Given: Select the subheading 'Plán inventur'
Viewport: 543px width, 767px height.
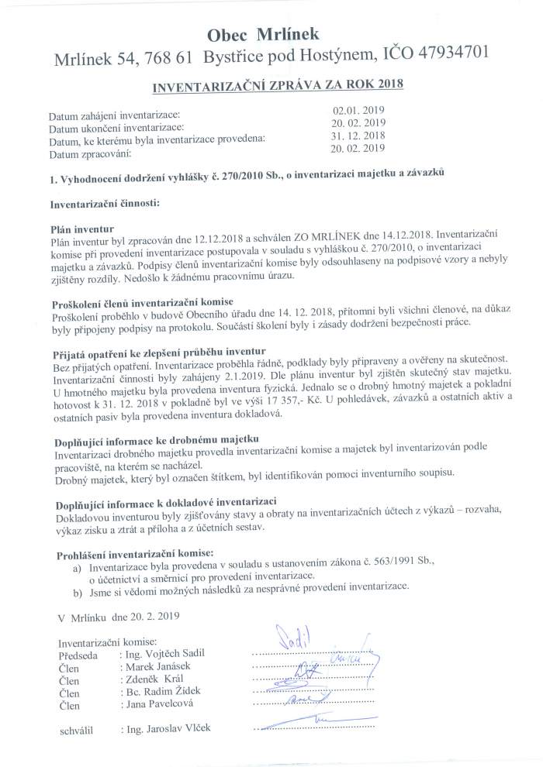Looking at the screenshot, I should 81,229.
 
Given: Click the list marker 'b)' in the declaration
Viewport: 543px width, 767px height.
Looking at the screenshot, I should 77,571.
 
